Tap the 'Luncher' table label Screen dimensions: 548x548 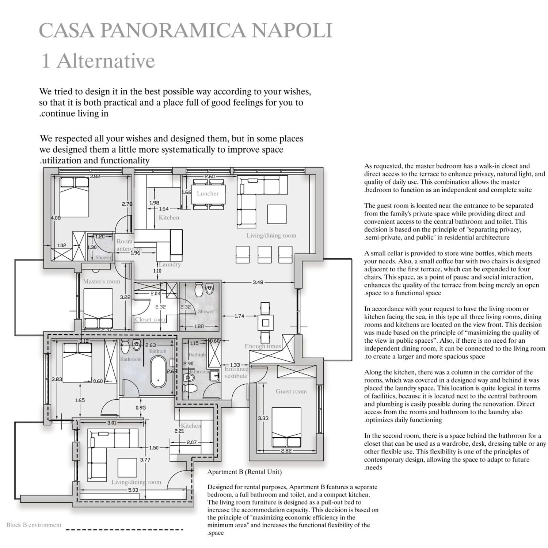[208, 194]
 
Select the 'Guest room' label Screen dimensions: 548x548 [291, 391]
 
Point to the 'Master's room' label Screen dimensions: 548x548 [101, 281]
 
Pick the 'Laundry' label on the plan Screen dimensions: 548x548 [170, 265]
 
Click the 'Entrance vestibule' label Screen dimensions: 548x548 [236, 372]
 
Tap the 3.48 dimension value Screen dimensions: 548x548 [258, 282]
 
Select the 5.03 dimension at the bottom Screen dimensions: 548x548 [133, 490]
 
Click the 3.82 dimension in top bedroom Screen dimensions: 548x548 [95, 176]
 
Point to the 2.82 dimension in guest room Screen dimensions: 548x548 [286, 451]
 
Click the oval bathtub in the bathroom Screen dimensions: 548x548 [158, 372]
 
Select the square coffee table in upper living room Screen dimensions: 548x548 [277, 214]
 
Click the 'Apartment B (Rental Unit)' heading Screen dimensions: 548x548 [244, 472]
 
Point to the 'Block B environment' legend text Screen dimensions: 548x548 [34, 525]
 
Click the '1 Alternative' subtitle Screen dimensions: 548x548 [98, 61]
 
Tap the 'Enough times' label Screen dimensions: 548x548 [263, 346]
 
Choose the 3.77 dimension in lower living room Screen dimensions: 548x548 [145, 460]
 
